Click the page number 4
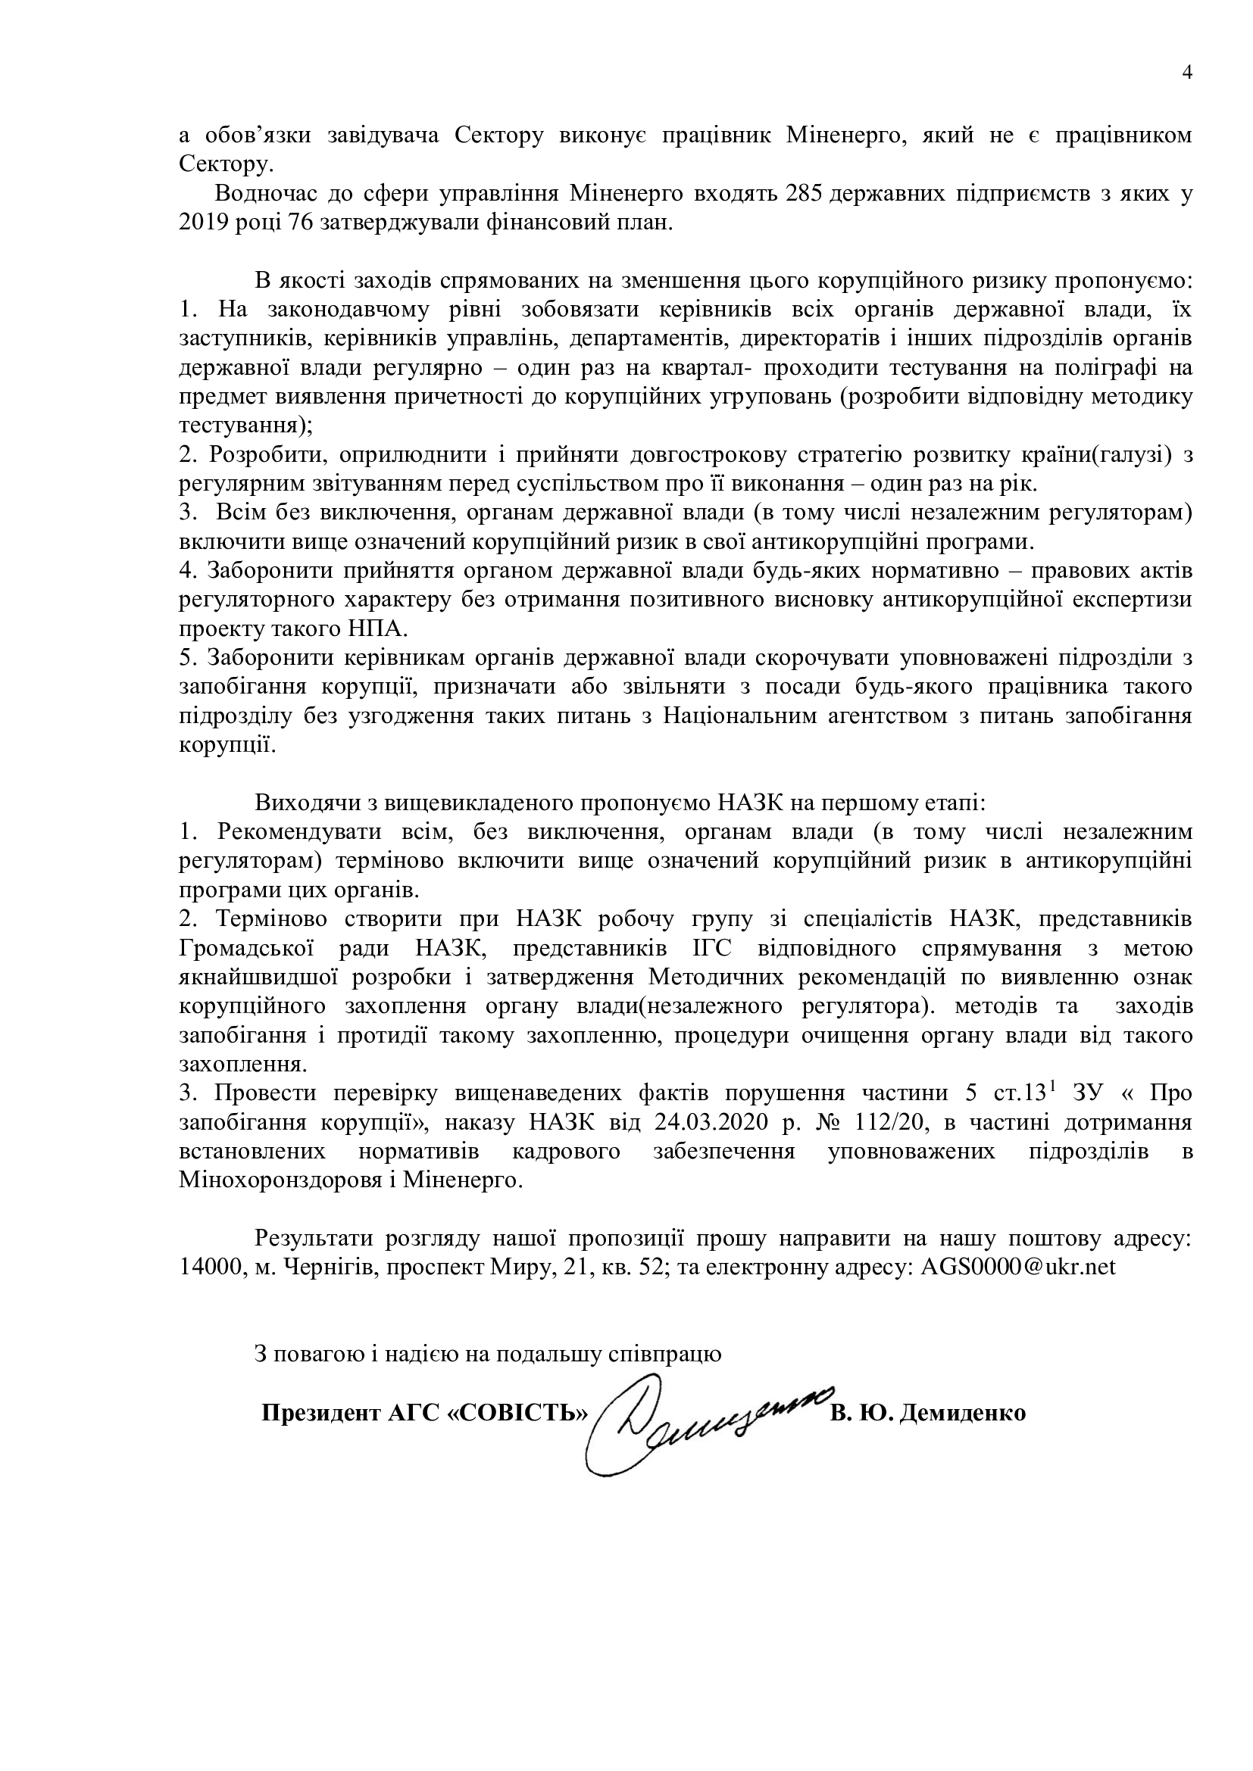[1186, 73]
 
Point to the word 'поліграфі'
[1108, 368]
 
